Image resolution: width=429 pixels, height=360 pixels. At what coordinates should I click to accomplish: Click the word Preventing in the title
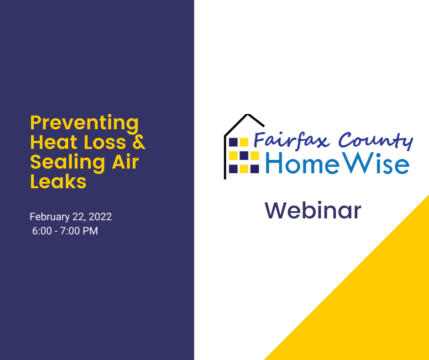pos(84,123)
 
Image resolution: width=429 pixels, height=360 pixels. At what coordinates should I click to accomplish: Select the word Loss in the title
pos(105,142)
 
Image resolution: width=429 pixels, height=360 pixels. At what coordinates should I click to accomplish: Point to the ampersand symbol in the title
pos(139,142)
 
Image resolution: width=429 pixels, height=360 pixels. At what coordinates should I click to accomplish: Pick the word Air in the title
pos(126,162)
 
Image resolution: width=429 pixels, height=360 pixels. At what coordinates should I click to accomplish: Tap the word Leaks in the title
pos(58,181)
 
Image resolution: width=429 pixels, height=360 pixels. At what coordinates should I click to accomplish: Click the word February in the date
pos(50,217)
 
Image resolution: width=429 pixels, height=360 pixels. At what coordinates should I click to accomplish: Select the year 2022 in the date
pos(100,217)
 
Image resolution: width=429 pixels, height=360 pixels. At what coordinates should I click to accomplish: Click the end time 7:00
pos(70,231)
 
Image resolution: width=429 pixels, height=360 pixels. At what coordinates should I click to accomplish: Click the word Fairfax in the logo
pos(291,140)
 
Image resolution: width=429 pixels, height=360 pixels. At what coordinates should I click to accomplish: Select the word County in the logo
pos(376,141)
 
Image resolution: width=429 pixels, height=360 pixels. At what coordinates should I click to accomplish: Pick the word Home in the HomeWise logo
pos(302,163)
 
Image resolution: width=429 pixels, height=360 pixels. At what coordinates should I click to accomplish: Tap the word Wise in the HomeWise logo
pos(376,163)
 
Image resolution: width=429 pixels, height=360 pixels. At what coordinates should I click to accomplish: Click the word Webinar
pos(313,211)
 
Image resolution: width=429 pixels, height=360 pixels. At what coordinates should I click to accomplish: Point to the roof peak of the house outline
pos(248,115)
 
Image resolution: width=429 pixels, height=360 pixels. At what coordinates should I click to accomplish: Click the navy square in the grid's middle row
pos(244,155)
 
